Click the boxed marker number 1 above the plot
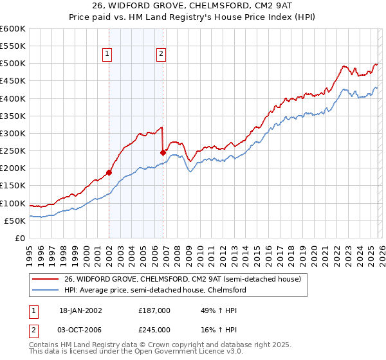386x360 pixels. (107, 55)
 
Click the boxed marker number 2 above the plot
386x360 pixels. (160, 55)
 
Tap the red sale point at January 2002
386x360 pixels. (109, 172)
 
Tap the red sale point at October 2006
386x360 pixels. (163, 152)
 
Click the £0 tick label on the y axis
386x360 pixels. (20, 238)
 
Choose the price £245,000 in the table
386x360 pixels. (154, 329)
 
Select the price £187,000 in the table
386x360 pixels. (154, 310)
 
